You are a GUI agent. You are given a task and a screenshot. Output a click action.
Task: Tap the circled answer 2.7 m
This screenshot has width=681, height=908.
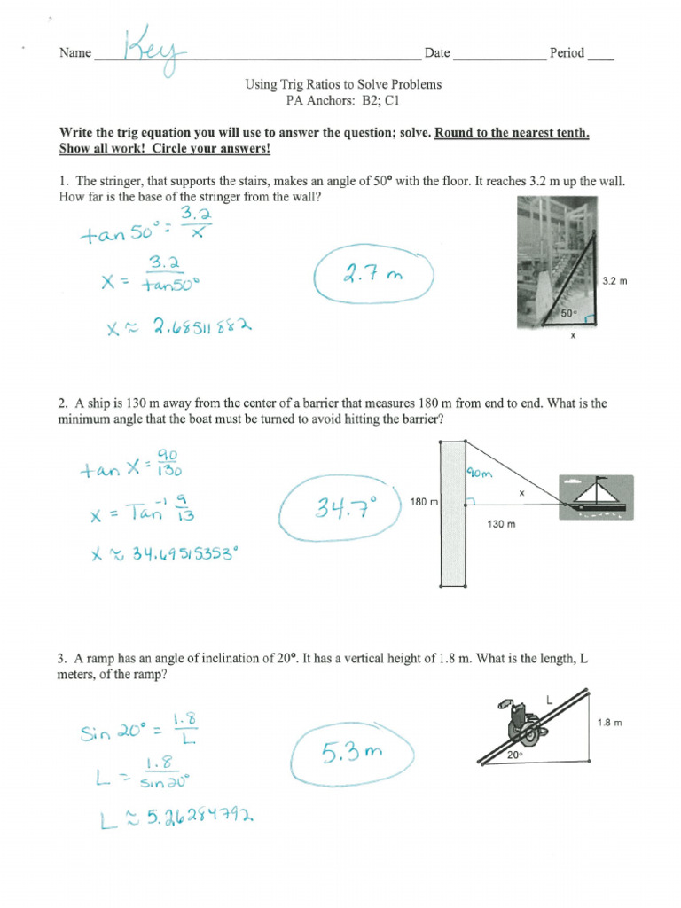373,277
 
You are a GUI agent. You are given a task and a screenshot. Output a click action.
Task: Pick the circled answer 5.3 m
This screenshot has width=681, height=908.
351,754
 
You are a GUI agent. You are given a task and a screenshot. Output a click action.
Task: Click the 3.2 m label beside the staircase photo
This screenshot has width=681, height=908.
614,281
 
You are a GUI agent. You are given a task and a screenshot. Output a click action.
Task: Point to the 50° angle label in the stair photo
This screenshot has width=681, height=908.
567,314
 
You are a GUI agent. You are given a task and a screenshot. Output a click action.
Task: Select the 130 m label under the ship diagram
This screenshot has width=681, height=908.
502,525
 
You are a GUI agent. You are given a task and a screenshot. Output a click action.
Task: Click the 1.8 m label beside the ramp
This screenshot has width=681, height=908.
610,723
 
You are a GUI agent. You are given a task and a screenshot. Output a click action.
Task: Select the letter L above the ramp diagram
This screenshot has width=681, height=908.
549,701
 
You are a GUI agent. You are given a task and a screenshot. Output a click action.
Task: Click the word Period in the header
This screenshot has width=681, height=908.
567,53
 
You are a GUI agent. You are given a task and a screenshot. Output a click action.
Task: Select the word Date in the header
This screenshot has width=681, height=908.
437,53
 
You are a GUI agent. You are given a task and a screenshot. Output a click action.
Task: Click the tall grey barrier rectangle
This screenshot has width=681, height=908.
453,514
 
